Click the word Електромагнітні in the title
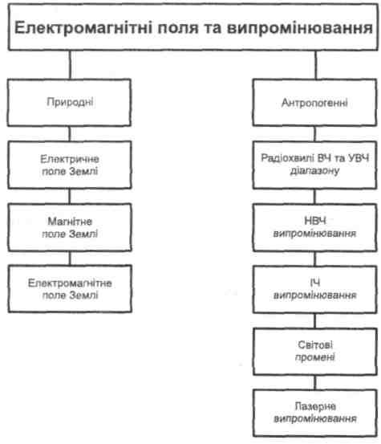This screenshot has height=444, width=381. tap(83, 28)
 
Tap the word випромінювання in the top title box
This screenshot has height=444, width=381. tap(299, 29)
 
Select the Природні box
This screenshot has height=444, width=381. tap(69, 103)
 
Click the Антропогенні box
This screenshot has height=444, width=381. tap(314, 103)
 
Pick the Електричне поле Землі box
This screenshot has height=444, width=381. tap(70, 165)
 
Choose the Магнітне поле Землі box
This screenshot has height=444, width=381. tap(70, 227)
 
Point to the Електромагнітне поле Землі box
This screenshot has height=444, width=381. tap(70, 289)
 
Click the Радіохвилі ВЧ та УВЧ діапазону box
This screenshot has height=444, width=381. tap(314, 165)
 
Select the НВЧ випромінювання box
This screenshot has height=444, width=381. tap(314, 227)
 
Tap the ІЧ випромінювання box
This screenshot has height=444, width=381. tap(315, 289)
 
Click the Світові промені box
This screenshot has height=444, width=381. tap(315, 352)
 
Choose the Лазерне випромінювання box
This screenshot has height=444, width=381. tap(315, 413)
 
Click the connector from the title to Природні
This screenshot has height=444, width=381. tap(71, 65)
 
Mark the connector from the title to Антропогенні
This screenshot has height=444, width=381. tap(316, 65)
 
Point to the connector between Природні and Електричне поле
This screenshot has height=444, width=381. tap(70, 133)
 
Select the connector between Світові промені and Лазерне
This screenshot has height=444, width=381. tap(315, 382)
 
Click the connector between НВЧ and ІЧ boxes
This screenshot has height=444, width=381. tap(314, 259)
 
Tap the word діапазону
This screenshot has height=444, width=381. tap(314, 171)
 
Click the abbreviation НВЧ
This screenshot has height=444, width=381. tap(314, 221)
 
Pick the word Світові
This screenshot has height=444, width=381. tap(315, 345)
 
